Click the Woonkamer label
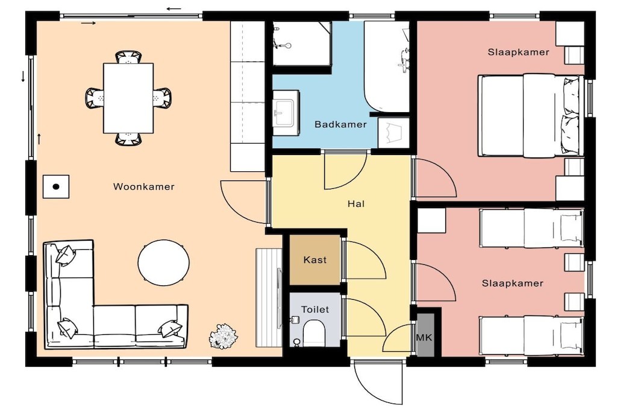click(143, 187)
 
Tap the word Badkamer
click(340, 124)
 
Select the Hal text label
click(355, 204)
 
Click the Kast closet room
click(315, 259)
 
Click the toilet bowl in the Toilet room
click(314, 333)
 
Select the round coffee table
click(164, 262)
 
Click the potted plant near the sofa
click(224, 336)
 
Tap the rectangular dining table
click(128, 98)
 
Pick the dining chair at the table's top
click(128, 57)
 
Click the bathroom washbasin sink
click(285, 113)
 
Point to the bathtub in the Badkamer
click(387, 66)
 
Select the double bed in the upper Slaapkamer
click(531, 115)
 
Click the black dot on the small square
click(56, 187)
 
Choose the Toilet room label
click(315, 309)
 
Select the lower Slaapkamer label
click(512, 283)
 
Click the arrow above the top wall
click(174, 8)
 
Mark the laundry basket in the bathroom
click(393, 133)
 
